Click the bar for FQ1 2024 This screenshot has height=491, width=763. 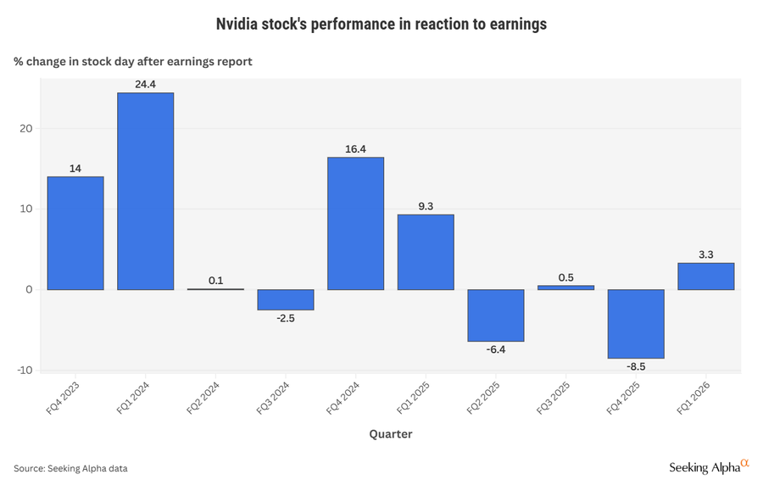145,191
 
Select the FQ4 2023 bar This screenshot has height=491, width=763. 75,233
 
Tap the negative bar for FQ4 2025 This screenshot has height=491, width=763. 636,324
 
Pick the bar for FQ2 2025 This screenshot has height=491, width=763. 496,315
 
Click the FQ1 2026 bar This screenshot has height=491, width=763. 706,276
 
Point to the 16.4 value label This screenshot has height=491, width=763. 355,149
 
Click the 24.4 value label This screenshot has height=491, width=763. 145,84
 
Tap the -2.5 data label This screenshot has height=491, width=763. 286,319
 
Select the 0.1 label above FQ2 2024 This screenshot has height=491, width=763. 215,281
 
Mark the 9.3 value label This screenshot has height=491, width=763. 426,206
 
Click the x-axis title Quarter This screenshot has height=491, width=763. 391,434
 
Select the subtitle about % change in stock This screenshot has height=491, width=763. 132,62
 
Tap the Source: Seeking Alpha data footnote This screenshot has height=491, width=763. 70,468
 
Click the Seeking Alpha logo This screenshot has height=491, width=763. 709,466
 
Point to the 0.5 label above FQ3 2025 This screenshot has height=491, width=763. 565,277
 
